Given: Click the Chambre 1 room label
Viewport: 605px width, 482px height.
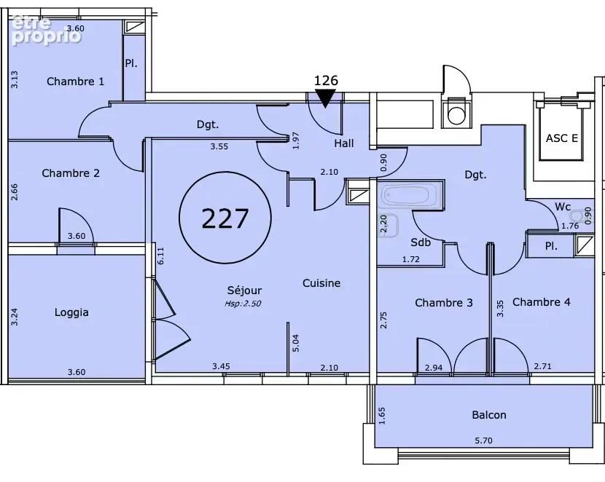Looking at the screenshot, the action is (75, 82).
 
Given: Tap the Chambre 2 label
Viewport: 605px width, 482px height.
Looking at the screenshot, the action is (71, 173).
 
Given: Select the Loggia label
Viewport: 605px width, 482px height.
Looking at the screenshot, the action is (71, 312).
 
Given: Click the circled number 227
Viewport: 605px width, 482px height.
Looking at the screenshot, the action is (225, 218).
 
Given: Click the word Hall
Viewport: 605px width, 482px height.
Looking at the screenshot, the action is (344, 143).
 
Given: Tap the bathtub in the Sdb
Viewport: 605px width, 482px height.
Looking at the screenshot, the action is (409, 197).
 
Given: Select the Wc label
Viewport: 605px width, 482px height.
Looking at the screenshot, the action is (563, 207).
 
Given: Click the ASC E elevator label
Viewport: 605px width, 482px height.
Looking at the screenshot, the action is (562, 138).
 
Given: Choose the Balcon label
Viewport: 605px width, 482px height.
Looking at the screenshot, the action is (489, 414).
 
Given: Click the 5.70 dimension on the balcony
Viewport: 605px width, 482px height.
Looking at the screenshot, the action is (483, 440).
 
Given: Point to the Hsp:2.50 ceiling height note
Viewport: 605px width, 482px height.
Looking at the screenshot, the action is (243, 303).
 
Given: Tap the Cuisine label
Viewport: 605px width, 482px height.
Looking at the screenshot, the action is (321, 283).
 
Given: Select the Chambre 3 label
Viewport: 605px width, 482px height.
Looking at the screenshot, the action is (444, 302).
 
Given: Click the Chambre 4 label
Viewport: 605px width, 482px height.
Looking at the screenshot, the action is (542, 301).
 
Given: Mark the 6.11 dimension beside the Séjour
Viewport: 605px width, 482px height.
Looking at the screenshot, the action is (161, 256).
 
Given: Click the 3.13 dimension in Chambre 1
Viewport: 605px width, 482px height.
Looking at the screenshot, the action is (15, 79).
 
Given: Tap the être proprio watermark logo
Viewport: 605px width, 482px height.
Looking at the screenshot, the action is (47, 31).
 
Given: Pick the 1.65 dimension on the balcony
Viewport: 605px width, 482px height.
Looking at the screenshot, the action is (382, 416).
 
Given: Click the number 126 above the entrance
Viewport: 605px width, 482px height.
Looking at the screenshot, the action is (326, 81).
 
